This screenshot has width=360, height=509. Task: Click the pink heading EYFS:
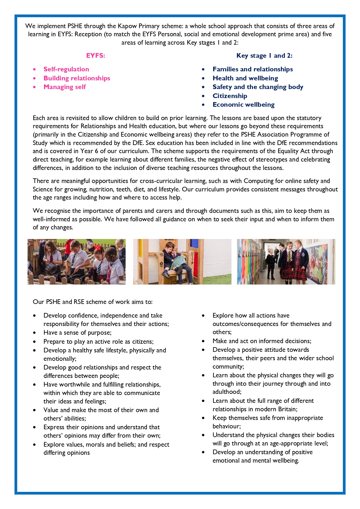(95, 55)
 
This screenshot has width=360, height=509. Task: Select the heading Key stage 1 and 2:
(264, 55)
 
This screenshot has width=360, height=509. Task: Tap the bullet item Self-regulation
(66, 69)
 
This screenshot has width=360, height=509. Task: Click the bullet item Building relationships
(77, 78)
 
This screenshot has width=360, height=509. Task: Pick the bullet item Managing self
(64, 87)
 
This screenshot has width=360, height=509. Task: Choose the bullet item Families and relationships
(252, 69)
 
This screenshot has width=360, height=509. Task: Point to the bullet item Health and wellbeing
(245, 78)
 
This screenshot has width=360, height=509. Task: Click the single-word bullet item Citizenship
(230, 96)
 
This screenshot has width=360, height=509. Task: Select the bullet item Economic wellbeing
(243, 105)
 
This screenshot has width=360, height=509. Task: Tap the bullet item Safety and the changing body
(258, 87)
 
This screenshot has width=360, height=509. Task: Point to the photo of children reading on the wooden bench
(182, 262)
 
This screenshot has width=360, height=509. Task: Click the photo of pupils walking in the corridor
(286, 262)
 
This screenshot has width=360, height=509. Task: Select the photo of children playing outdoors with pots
(77, 262)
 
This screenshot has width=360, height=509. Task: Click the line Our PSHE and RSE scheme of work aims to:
(93, 302)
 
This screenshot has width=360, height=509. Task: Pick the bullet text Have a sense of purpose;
(77, 333)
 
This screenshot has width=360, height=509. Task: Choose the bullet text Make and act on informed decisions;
(262, 341)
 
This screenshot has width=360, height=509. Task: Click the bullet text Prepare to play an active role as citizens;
(98, 342)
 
